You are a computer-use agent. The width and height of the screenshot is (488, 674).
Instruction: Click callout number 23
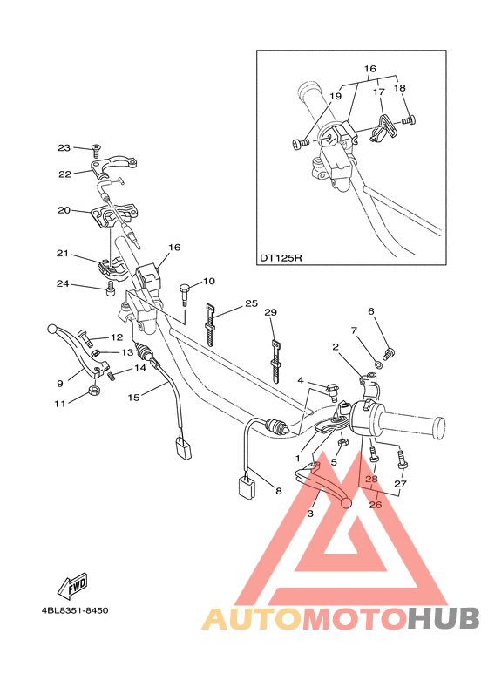64,147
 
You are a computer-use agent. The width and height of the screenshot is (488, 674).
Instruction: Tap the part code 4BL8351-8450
74,610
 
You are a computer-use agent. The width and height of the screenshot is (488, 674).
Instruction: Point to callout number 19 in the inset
335,99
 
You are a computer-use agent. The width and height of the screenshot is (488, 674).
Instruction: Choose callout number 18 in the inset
399,89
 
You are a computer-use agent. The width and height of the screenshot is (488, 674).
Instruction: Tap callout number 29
270,312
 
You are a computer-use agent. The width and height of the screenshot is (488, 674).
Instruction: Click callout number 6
370,311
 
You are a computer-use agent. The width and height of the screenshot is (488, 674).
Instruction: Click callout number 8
279,492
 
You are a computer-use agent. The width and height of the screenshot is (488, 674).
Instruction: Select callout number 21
61,254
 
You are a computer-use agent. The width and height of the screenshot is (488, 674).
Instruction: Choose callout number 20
64,210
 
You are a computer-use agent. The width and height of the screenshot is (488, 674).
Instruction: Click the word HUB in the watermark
442,618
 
